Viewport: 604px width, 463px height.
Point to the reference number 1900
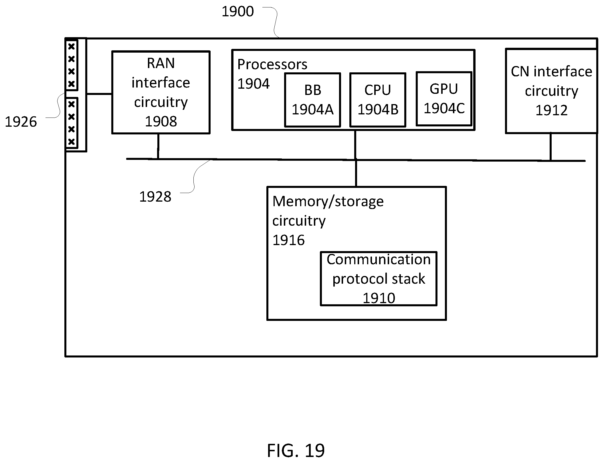(x=238, y=12)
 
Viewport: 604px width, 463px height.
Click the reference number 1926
(x=21, y=122)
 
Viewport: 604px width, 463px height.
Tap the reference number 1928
(x=155, y=197)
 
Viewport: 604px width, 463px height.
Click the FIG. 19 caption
(x=296, y=451)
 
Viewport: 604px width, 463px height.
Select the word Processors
(x=272, y=64)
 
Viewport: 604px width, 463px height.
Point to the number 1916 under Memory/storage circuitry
(x=288, y=240)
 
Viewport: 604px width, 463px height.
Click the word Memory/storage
(x=328, y=202)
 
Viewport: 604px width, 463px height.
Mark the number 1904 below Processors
(x=254, y=84)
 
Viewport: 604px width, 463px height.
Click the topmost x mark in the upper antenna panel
(x=72, y=46)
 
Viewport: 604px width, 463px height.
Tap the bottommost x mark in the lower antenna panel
(x=72, y=142)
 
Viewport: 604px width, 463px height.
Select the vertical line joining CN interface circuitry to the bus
(x=550, y=147)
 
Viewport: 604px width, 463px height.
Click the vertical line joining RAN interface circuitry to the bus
(x=158, y=146)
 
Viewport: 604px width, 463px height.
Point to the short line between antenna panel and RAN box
(x=99, y=94)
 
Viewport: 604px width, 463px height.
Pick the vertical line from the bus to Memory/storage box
(x=356, y=173)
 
